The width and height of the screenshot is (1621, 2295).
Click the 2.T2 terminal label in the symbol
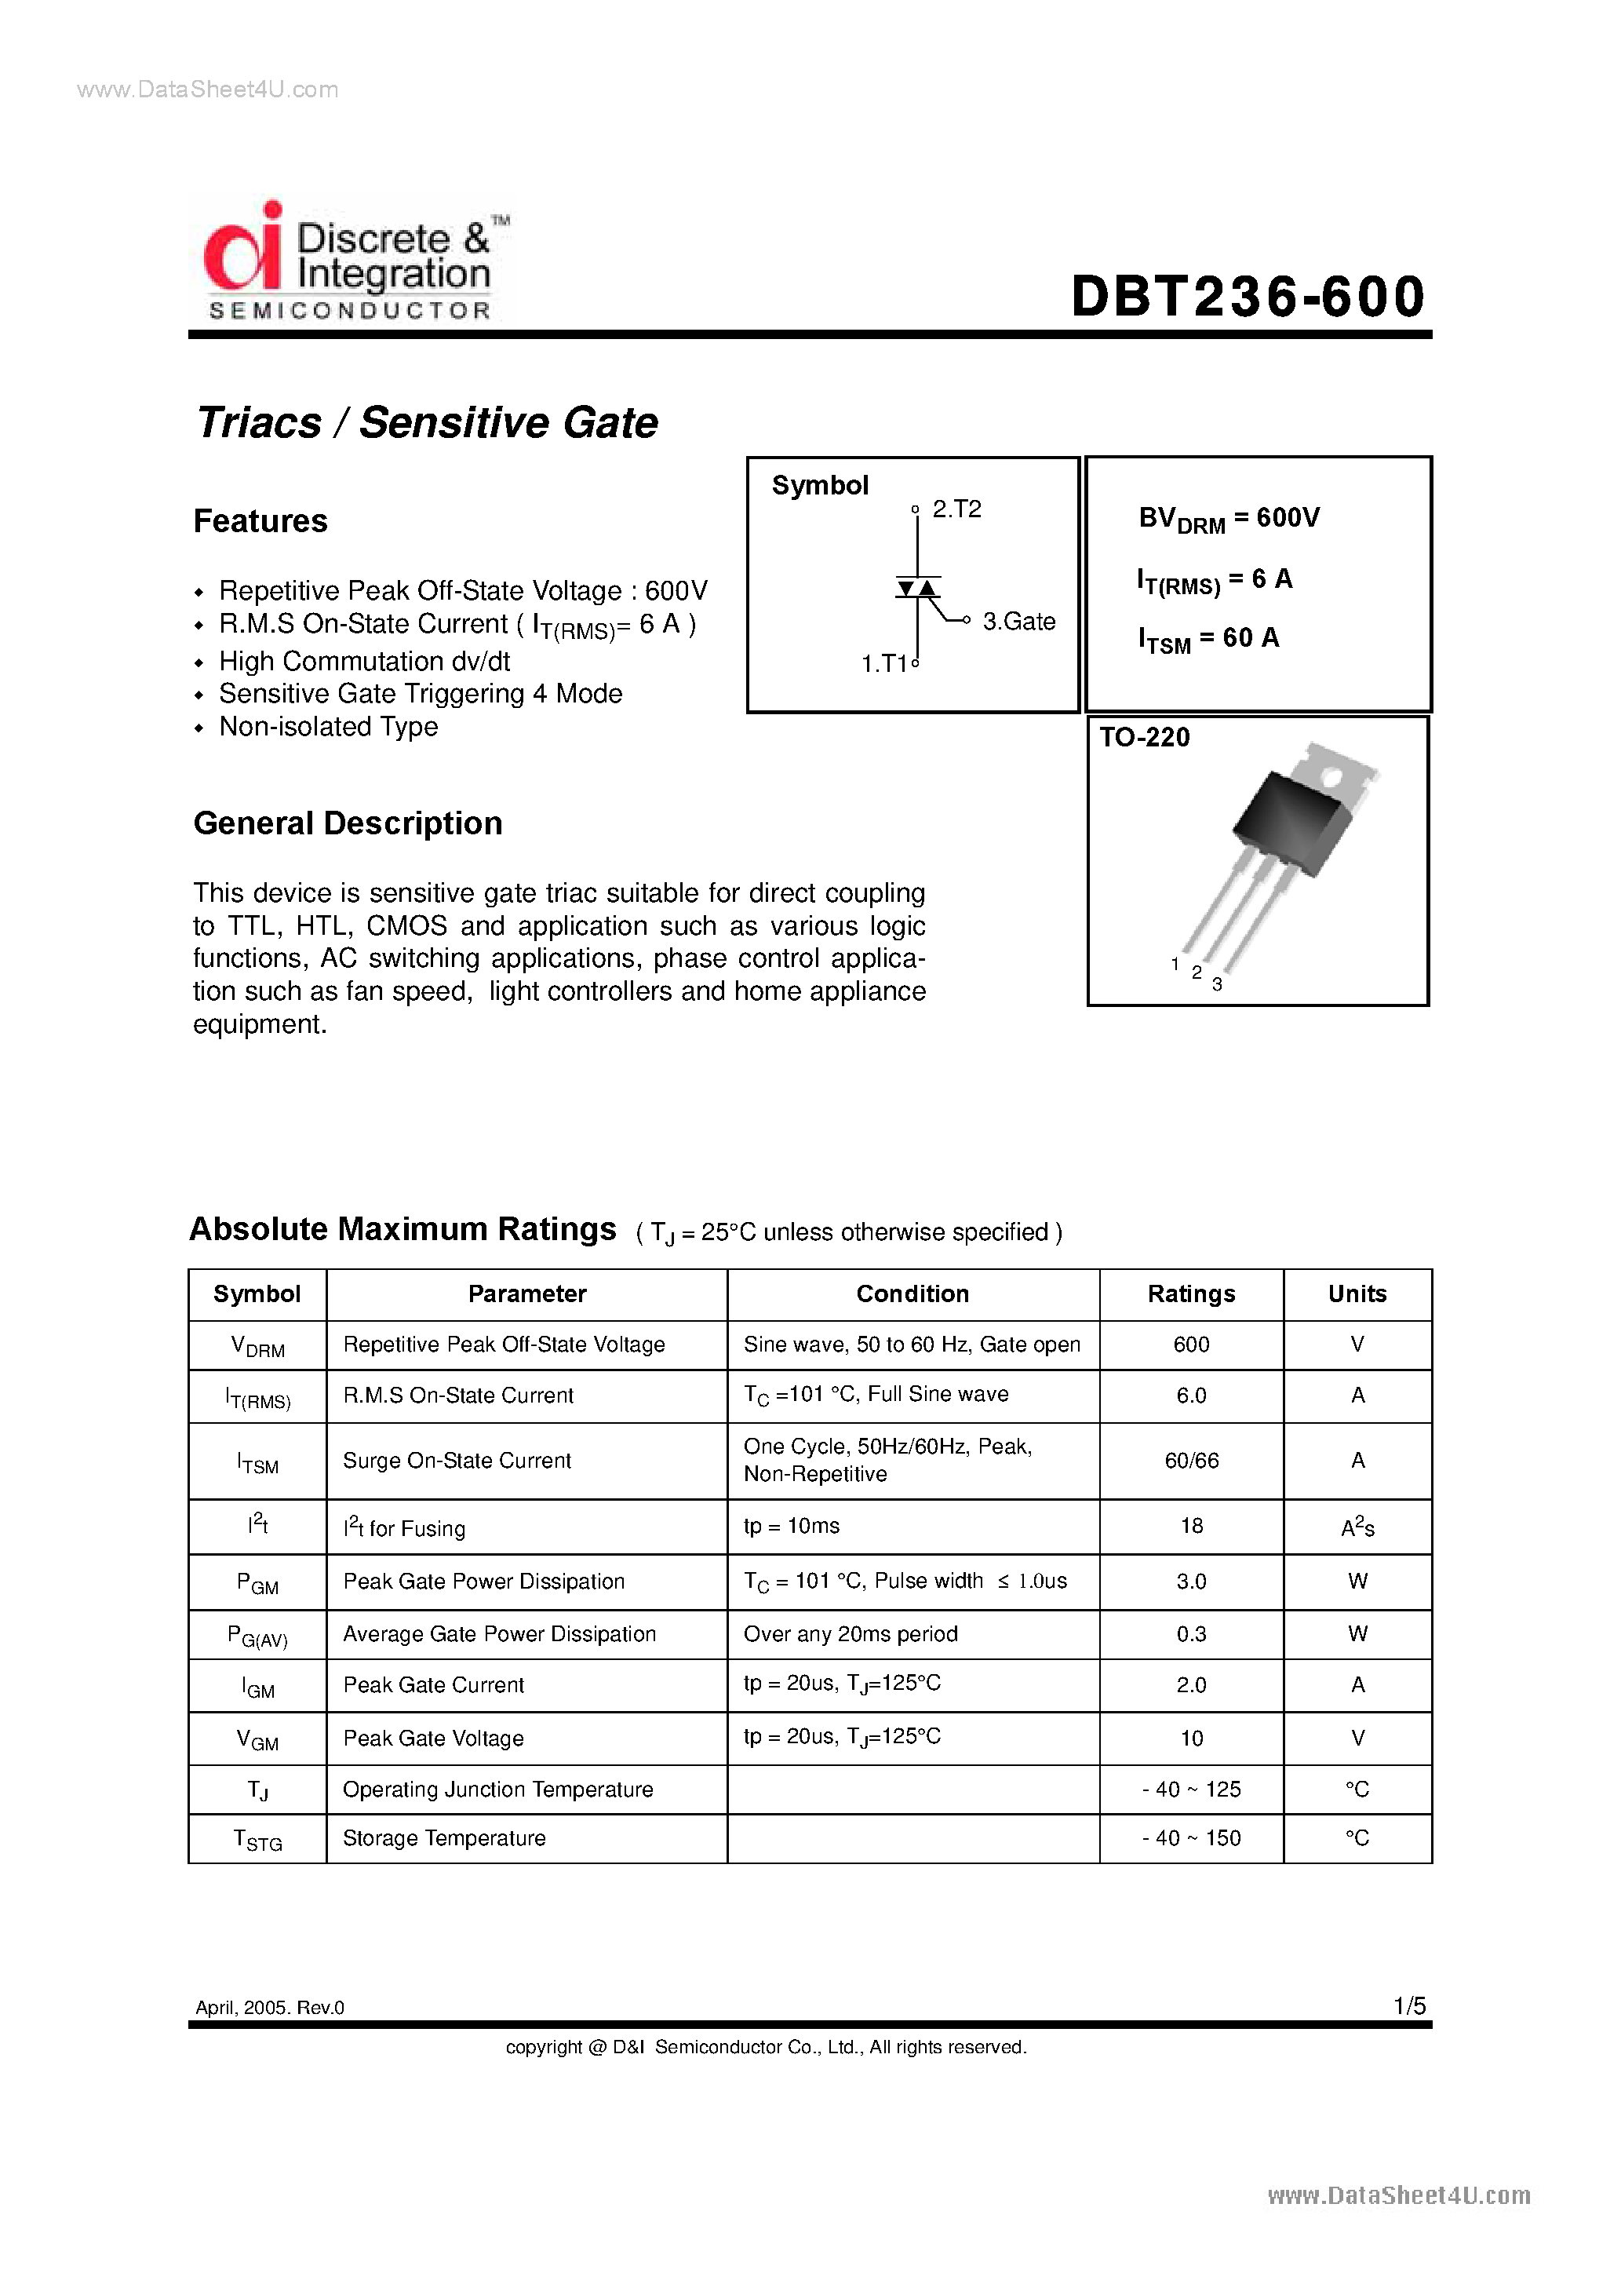coord(956,509)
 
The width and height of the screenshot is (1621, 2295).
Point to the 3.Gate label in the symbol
coord(1018,622)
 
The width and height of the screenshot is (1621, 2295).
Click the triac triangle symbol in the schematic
coord(917,589)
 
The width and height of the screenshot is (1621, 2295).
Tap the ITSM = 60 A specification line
coord(1208,640)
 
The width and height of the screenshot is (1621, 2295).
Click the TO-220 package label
coord(1144,738)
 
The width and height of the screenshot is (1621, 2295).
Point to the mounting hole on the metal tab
coord(1331,777)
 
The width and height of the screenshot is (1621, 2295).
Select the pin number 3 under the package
coord(1216,984)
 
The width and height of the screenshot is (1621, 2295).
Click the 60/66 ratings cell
coord(1191,1461)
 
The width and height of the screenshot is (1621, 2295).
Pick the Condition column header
coord(912,1293)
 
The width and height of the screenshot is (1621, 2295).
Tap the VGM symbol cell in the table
coord(257,1740)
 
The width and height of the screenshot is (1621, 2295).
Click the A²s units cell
coord(1357,1527)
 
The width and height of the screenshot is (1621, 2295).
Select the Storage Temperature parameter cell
coord(445,1838)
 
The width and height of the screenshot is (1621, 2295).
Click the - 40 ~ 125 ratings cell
coord(1191,1790)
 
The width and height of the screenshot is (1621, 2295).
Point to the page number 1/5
coord(1409,2005)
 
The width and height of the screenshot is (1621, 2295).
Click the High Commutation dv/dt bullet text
coord(365,662)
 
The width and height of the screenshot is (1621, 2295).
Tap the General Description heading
coord(348,823)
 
